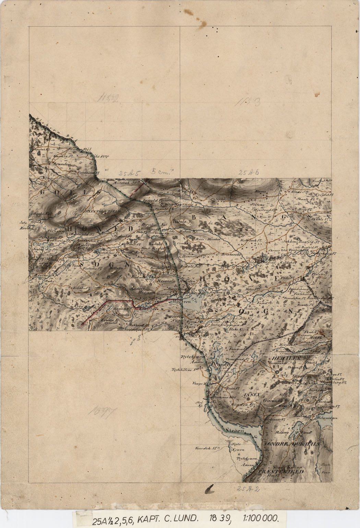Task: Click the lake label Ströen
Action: point(235,430)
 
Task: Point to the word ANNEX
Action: point(251,395)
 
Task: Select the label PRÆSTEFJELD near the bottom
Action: point(281,472)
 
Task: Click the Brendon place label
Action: point(62,164)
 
